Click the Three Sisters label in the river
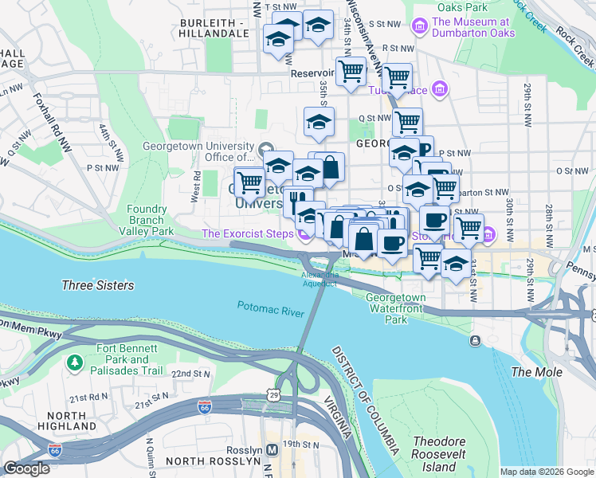pyautogui.click(x=97, y=285)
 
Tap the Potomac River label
pyautogui.click(x=271, y=309)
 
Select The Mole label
pyautogui.click(x=536, y=372)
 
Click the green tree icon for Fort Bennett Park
pyautogui.click(x=76, y=362)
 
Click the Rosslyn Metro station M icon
pyautogui.click(x=273, y=449)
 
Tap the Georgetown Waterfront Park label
pyautogui.click(x=397, y=308)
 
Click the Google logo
pyautogui.click(x=26, y=468)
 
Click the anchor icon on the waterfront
pyautogui.click(x=476, y=341)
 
